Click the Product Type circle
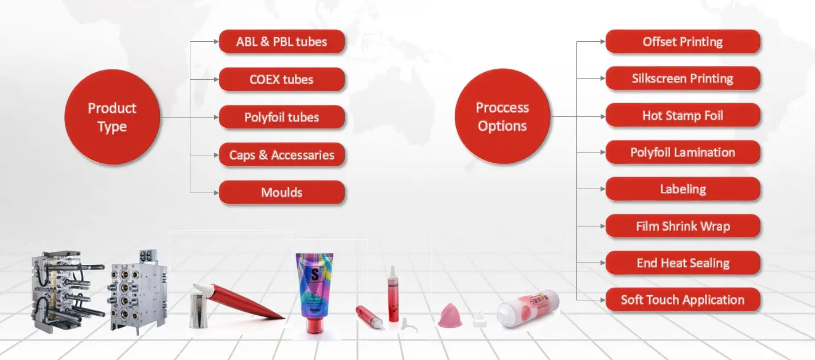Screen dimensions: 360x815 tap(112, 118)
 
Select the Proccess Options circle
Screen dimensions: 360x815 tap(502, 117)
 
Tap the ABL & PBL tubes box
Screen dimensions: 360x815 tap(282, 42)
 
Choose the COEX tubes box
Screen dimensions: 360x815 tap(282, 80)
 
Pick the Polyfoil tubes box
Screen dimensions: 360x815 tap(282, 118)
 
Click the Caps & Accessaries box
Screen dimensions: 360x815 tap(282, 155)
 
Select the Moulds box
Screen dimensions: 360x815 tap(282, 193)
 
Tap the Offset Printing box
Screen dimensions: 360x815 tap(683, 42)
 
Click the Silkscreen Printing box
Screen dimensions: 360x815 tap(683, 79)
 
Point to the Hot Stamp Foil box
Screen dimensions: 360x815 tap(683, 116)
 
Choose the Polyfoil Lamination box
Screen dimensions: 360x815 tap(683, 152)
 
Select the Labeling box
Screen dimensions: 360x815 tap(683, 189)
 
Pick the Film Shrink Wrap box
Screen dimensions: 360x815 tap(683, 226)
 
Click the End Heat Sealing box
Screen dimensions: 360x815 tap(683, 263)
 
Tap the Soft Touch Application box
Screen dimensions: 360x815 tap(683, 300)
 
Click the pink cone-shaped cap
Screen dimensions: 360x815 tap(450, 316)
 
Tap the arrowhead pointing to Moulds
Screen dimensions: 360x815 tap(216, 193)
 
